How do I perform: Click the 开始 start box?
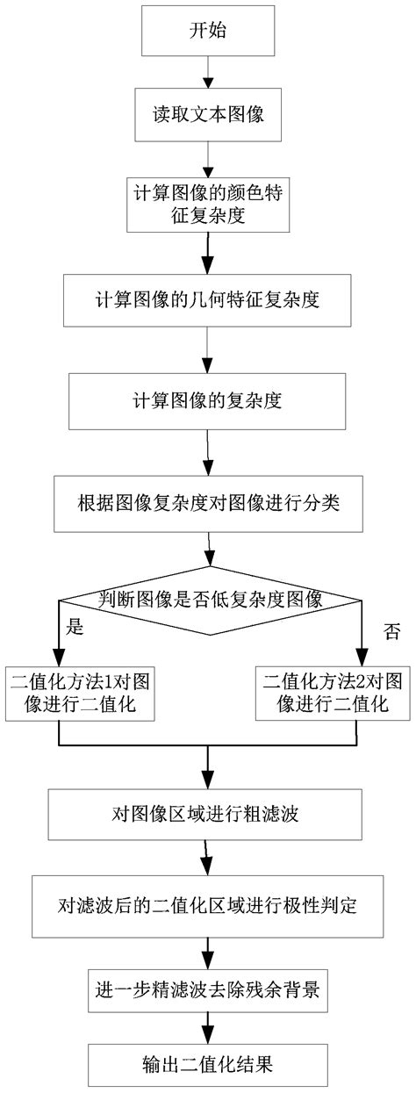[x=208, y=31]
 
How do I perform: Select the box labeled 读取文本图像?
[x=208, y=115]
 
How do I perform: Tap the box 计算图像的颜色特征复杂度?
[x=208, y=204]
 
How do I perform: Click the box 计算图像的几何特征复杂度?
[x=207, y=299]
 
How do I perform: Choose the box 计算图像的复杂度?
[x=207, y=401]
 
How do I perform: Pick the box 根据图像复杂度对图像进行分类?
[x=208, y=504]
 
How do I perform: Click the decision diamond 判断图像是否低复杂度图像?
[x=211, y=600]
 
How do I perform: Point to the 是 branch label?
[x=75, y=626]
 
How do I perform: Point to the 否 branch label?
[x=392, y=631]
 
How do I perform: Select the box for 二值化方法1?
[x=80, y=693]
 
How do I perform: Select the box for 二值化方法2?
[x=333, y=693]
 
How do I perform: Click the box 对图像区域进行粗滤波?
[x=204, y=815]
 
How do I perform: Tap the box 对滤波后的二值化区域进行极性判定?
[x=207, y=906]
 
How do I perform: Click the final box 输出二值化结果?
[x=207, y=1064]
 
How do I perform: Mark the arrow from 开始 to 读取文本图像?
[x=208, y=72]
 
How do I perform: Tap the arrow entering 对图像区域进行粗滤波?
[x=208, y=767]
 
